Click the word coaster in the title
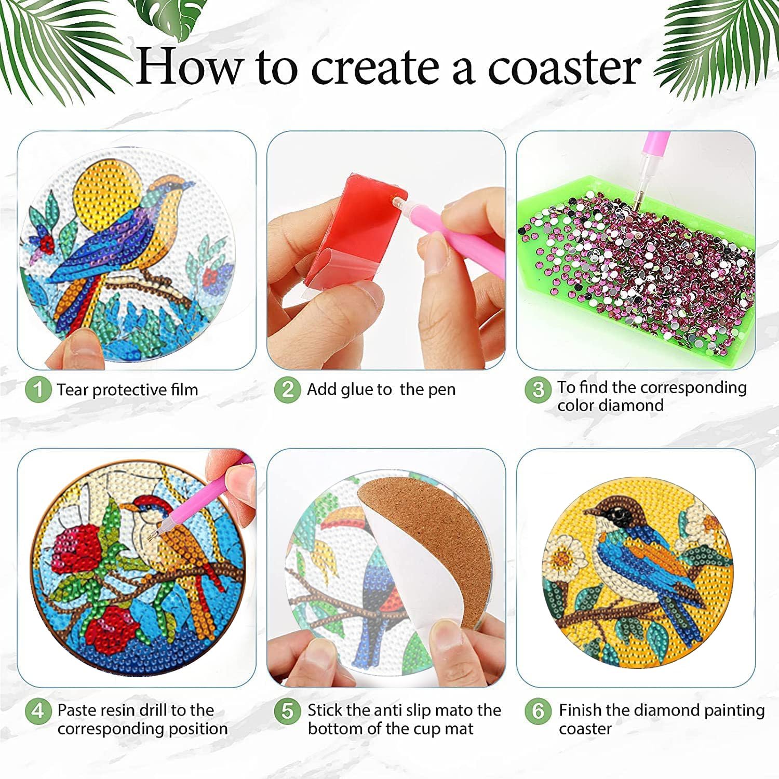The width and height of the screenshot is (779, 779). [564, 66]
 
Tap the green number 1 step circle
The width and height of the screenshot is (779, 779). [38, 389]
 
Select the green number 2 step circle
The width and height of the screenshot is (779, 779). [288, 389]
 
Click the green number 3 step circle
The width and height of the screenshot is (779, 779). [538, 389]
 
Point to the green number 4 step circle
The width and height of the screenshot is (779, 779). [38, 710]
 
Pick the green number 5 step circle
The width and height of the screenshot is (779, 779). [288, 710]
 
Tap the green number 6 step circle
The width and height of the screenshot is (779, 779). [538, 710]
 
